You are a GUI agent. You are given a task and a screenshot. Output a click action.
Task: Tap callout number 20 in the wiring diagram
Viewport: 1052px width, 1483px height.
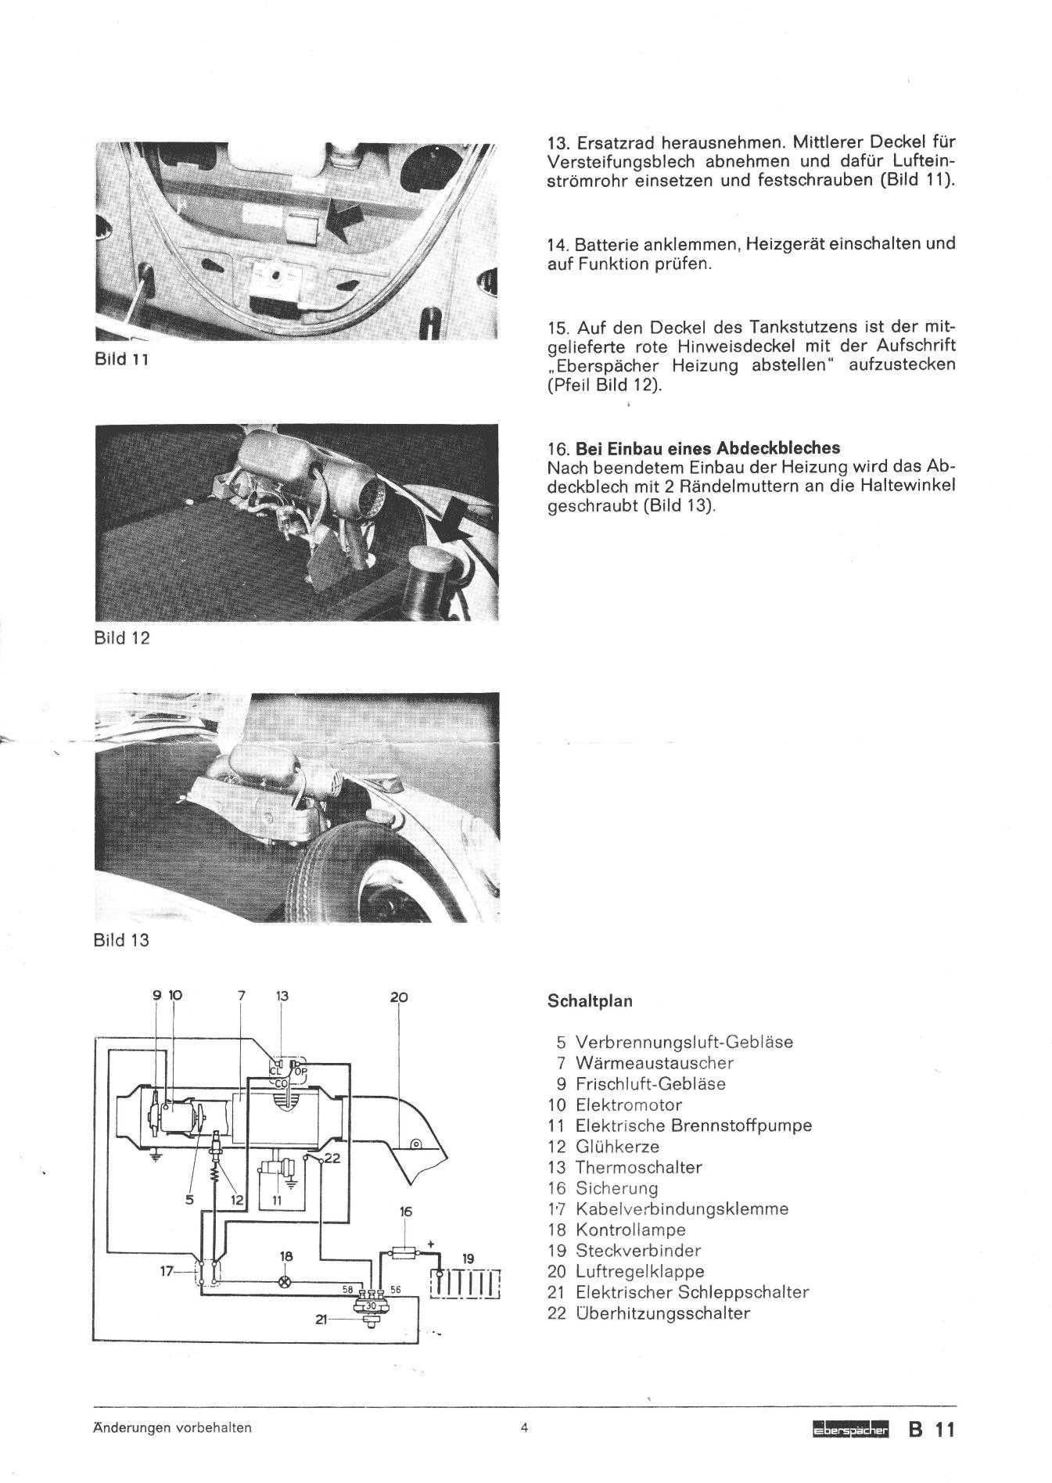pyautogui.click(x=399, y=997)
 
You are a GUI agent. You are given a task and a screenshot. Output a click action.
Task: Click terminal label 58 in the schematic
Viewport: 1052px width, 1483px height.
pyautogui.click(x=347, y=1289)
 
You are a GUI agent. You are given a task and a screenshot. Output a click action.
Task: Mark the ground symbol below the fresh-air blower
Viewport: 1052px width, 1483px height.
pyautogui.click(x=154, y=1157)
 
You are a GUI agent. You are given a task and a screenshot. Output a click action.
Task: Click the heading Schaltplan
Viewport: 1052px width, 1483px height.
pyautogui.click(x=590, y=1001)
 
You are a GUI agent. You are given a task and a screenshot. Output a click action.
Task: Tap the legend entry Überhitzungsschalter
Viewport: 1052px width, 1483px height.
pyautogui.click(x=662, y=1313)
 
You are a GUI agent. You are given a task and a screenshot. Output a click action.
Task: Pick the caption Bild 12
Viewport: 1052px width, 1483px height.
pyautogui.click(x=121, y=638)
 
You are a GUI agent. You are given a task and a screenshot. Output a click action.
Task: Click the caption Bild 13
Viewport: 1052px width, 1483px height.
pyautogui.click(x=121, y=940)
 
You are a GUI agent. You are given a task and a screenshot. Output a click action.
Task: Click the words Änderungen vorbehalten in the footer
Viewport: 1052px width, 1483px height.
pyautogui.click(x=172, y=1427)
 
